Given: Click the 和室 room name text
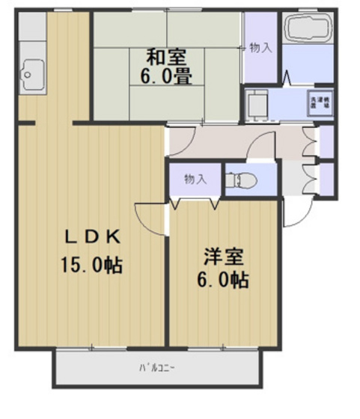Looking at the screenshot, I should click(166, 56).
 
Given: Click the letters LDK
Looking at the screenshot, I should click(91, 237).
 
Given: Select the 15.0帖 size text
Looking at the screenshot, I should click(91, 264).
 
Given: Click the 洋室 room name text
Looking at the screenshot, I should click(222, 257).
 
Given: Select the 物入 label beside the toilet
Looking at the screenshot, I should click(195, 180).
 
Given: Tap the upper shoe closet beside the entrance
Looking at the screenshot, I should click(326, 141).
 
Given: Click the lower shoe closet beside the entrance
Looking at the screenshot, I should click(326, 177).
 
